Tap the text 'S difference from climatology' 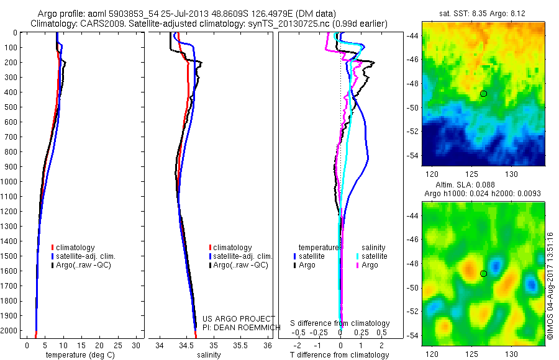tap(340, 323)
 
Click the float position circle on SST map tap(483, 94)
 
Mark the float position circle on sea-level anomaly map tap(483, 274)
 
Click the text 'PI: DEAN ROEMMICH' tap(239, 327)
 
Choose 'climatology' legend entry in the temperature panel tap(75, 248)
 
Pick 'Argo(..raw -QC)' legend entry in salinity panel tap(240, 265)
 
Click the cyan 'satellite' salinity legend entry tap(373, 256)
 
